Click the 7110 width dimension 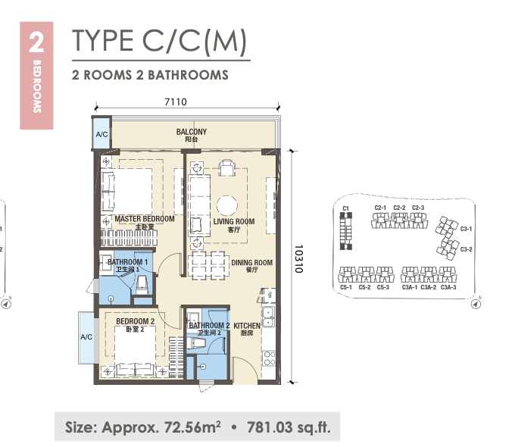pyautogui.click(x=176, y=102)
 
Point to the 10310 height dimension pyautogui.click(x=298, y=258)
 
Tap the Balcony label pyautogui.click(x=192, y=135)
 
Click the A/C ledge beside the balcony pyautogui.click(x=101, y=134)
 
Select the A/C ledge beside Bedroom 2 pyautogui.click(x=87, y=337)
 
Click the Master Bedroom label pyautogui.click(x=145, y=222)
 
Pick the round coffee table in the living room pyautogui.click(x=226, y=206)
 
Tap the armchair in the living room pyautogui.click(x=226, y=167)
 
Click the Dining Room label pyautogui.click(x=251, y=265)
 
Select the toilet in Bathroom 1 pyautogui.click(x=142, y=285)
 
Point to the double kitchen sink pyautogui.click(x=268, y=317)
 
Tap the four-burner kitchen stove pyautogui.click(x=270, y=358)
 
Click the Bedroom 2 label pyautogui.click(x=135, y=325)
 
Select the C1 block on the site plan pyautogui.click(x=346, y=231)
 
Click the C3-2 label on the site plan pyautogui.click(x=466, y=249)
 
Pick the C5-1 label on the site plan pyautogui.click(x=346, y=287)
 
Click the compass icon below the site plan pyautogui.click(x=476, y=304)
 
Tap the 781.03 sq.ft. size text pyautogui.click(x=289, y=427)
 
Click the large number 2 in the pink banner pyautogui.click(x=36, y=42)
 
